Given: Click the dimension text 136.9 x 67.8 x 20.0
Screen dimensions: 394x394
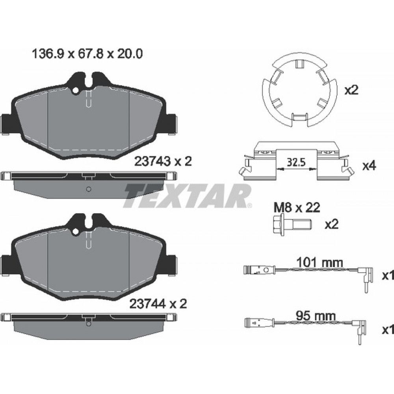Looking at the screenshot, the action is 87,54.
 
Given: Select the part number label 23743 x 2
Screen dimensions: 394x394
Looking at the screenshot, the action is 163,161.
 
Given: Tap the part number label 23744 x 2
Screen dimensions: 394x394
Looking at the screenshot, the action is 158,304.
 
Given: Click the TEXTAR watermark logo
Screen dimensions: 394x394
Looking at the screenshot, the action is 187,196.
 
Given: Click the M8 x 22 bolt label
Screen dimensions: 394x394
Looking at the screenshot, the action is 297,208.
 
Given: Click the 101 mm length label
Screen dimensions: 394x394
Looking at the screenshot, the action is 320,262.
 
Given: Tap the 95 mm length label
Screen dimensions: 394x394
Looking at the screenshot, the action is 316,316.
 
